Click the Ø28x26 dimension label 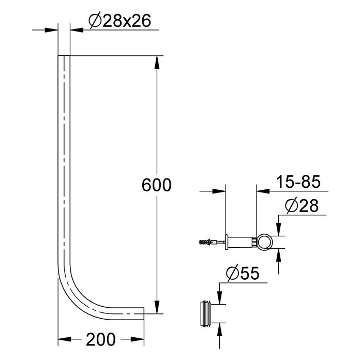click(120, 21)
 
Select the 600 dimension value click(157, 185)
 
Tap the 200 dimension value click(101, 339)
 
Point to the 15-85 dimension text click(298, 182)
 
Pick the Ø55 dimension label click(243, 273)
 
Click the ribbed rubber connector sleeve click(206, 313)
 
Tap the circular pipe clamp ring click(264, 243)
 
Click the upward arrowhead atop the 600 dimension click(157, 62)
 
